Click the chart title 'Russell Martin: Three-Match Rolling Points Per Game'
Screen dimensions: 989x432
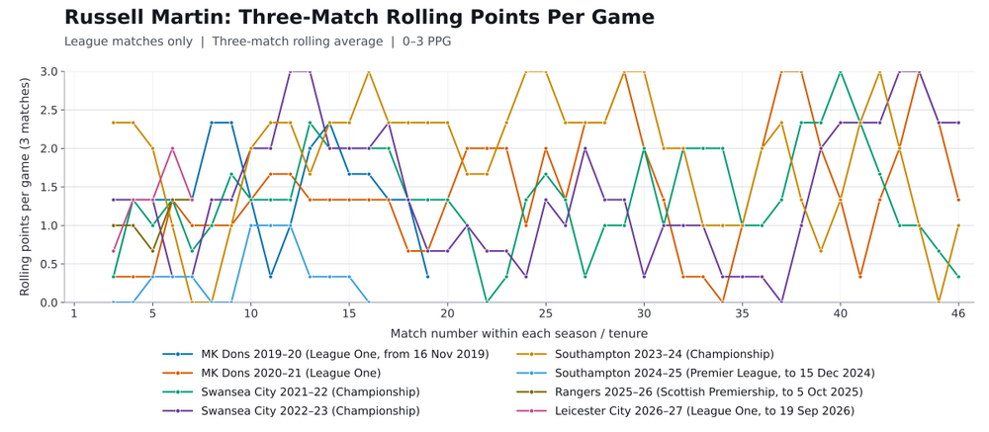click(x=359, y=17)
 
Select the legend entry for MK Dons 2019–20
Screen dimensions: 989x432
click(x=325, y=355)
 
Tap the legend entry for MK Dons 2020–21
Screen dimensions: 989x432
click(x=271, y=374)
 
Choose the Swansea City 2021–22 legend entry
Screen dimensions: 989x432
click(x=291, y=392)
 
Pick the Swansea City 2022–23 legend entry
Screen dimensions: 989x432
click(x=291, y=411)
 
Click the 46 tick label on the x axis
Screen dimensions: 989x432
click(x=958, y=313)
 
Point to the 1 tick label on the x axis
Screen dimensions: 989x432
click(x=74, y=313)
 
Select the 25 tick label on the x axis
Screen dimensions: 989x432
click(x=546, y=313)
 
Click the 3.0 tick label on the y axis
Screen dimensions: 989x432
click(x=50, y=72)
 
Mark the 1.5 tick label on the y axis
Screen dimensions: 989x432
click(x=50, y=187)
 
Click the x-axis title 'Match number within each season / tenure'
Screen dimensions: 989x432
click(x=518, y=333)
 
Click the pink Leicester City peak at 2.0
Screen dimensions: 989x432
click(x=172, y=149)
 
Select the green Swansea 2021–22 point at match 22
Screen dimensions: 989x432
click(x=487, y=302)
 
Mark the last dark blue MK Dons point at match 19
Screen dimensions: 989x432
click(x=427, y=276)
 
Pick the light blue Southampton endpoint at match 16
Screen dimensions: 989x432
click(x=368, y=302)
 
